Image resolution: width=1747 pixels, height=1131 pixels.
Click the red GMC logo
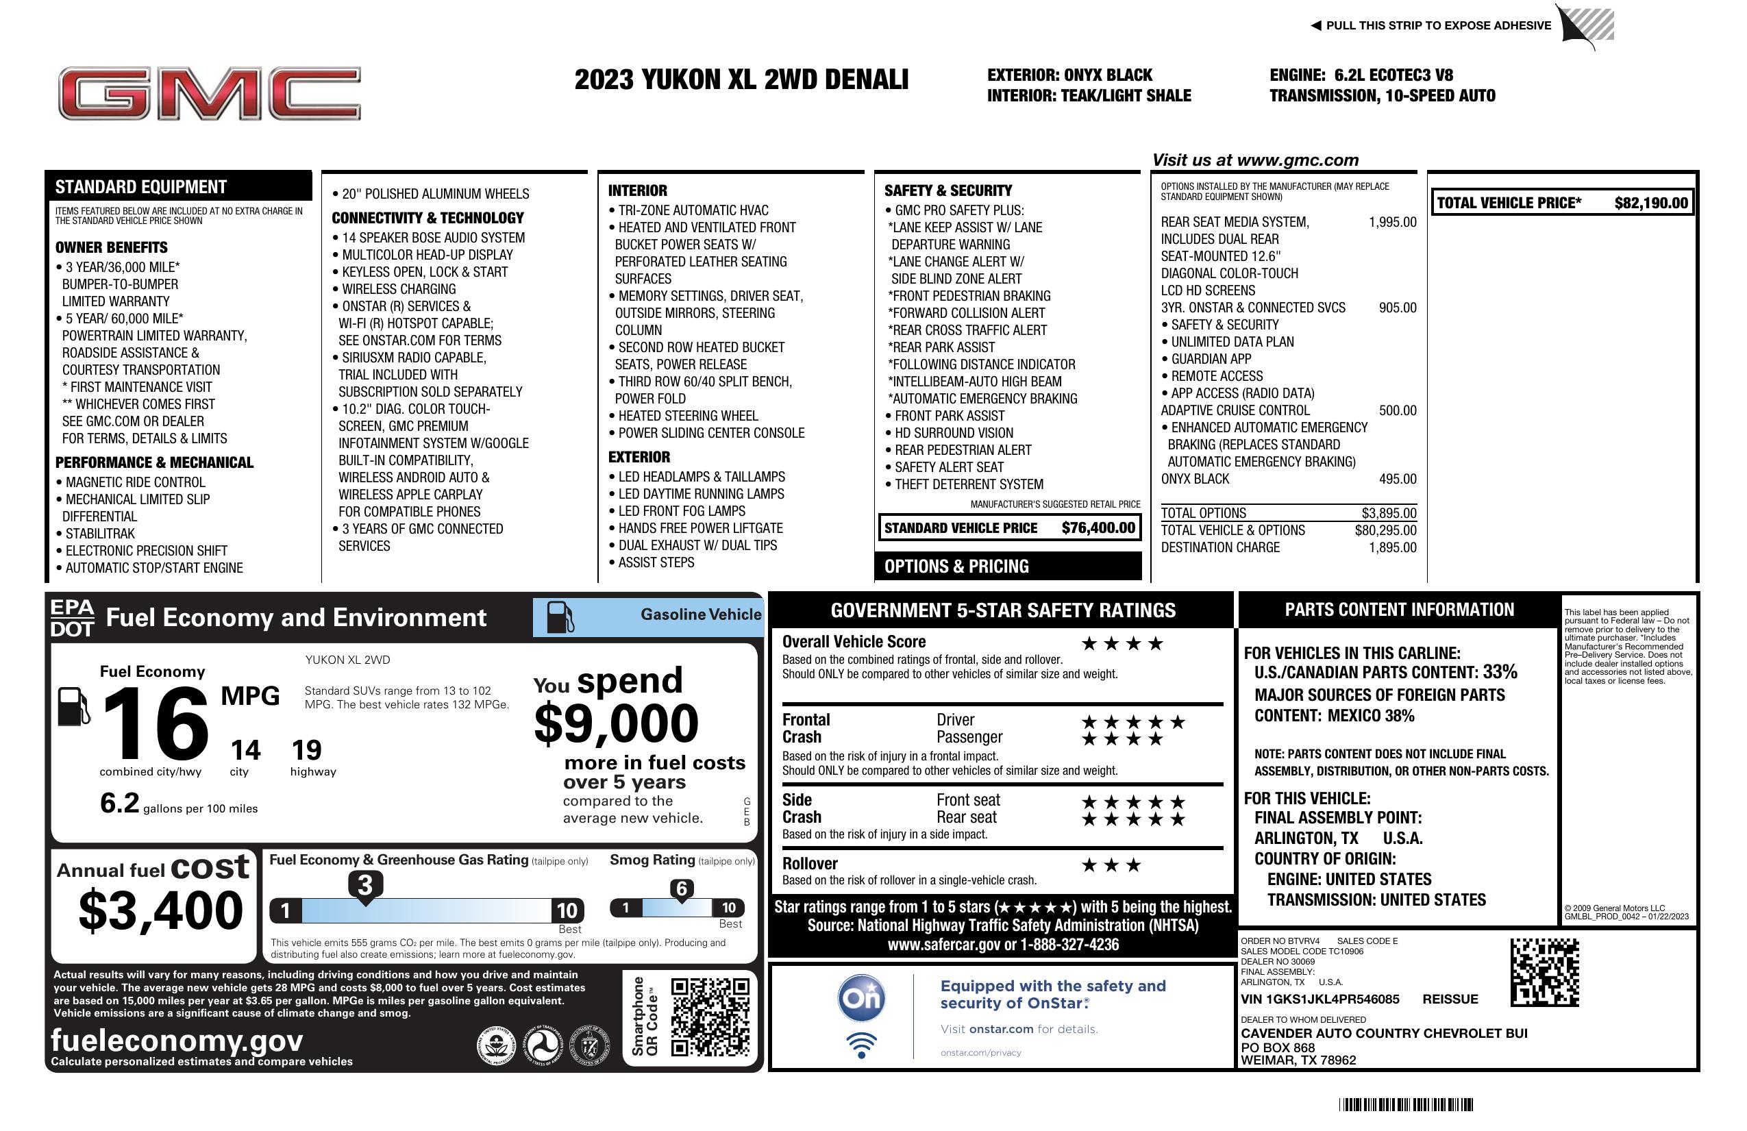[209, 93]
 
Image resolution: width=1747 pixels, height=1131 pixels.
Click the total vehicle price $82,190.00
[1651, 203]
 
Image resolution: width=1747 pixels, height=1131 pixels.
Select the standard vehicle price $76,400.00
[1098, 527]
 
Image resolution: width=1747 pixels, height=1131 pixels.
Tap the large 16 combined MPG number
[156, 724]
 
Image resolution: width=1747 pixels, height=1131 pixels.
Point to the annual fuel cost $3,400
[161, 910]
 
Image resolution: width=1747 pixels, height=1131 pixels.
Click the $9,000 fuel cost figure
[616, 723]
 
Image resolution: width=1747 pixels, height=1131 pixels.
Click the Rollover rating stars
[1111, 865]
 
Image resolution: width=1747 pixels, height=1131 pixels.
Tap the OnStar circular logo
[861, 998]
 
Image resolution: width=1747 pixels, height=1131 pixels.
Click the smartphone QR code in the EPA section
[710, 1017]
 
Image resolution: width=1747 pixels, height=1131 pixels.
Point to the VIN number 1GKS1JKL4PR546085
[1319, 999]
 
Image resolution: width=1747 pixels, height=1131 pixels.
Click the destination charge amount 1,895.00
[1392, 547]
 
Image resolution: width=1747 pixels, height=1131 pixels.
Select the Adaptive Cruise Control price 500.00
[1397, 410]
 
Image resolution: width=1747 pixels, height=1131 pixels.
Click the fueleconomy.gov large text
[177, 1040]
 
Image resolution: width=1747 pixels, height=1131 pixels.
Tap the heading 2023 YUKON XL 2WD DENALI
[741, 79]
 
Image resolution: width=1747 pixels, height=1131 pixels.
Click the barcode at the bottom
[1406, 1104]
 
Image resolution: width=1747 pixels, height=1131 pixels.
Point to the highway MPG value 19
[306, 750]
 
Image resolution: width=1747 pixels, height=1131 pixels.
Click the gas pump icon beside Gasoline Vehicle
[560, 617]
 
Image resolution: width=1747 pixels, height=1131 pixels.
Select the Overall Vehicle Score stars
[1122, 644]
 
